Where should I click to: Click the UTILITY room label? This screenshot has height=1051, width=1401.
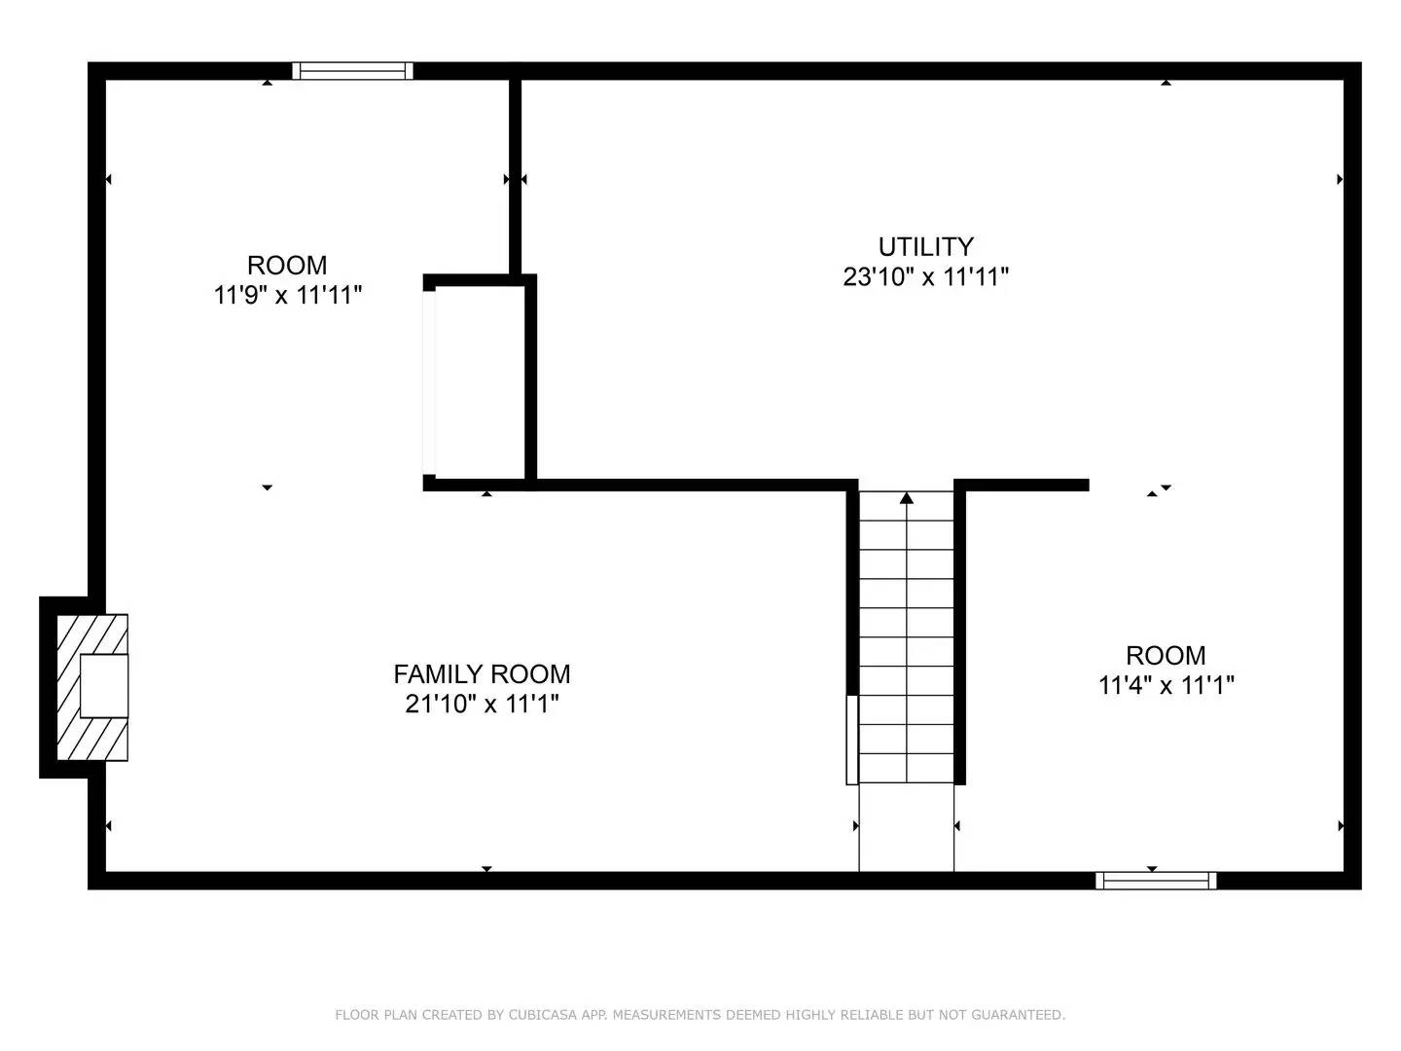(x=925, y=246)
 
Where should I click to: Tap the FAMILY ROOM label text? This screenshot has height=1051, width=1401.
(x=482, y=673)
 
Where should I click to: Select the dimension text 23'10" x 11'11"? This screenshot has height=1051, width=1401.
(x=925, y=277)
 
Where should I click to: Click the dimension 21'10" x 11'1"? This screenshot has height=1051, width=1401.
(x=482, y=704)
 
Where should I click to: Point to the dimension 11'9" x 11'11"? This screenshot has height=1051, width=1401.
(x=287, y=295)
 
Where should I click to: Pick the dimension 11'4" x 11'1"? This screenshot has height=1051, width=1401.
(x=1166, y=685)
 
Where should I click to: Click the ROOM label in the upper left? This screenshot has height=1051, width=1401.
(x=287, y=265)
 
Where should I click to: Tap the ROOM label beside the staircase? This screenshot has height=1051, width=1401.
(x=1166, y=655)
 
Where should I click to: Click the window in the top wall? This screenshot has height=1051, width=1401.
(x=352, y=70)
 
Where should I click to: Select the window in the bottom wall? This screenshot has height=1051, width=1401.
(x=1156, y=881)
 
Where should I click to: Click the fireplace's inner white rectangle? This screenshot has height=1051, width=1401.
(x=103, y=686)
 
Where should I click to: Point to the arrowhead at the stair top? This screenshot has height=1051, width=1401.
(x=907, y=498)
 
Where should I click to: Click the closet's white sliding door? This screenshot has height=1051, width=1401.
(x=429, y=381)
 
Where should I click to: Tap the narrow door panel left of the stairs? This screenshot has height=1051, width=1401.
(x=852, y=740)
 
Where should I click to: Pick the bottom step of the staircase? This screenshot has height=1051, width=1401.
(x=907, y=769)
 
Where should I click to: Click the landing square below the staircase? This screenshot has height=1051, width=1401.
(x=907, y=827)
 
